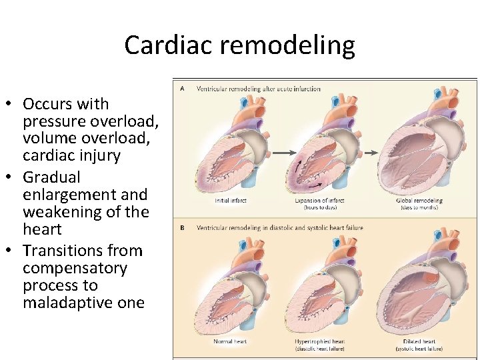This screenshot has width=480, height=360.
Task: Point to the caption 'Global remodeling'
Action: point(420,201)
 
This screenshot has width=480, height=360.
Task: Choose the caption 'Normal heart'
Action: point(231,341)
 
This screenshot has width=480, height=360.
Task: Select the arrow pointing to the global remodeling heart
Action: point(371,153)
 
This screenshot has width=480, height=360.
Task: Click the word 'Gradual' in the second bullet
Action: point(51,177)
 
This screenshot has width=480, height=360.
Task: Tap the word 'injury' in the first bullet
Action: point(99,156)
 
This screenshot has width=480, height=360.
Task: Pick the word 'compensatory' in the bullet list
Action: point(75,268)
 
